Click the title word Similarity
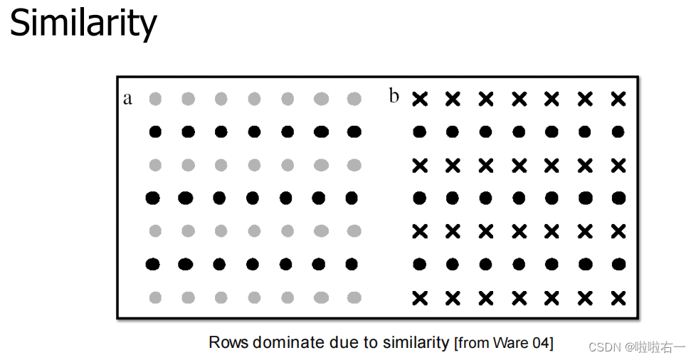83,23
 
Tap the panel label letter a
127,99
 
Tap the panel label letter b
394,95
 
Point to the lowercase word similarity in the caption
416,343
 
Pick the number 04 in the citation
540,343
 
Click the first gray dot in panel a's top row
155,99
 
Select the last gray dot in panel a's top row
354,99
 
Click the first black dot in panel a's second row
155,132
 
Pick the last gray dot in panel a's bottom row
354,297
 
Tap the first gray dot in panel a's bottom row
155,297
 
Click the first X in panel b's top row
420,99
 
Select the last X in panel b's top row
618,99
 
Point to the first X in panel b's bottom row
420,298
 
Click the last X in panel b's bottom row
618,298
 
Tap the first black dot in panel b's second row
419,132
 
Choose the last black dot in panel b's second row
618,132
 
